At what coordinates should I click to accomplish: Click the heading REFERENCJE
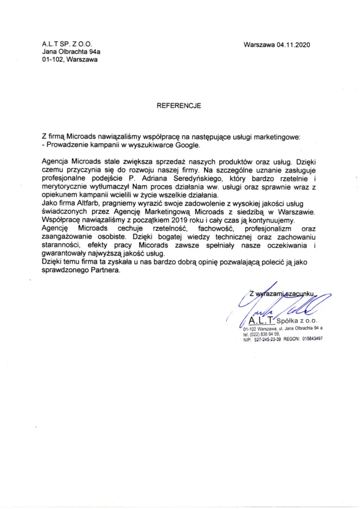pos(179,105)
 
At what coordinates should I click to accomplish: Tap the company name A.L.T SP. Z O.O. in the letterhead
pos(68,44)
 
